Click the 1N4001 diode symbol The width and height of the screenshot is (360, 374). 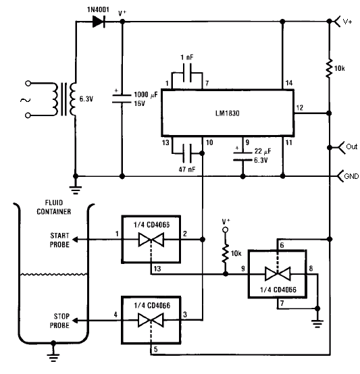coord(99,22)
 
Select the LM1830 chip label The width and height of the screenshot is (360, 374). coord(228,113)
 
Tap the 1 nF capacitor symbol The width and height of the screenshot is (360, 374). coord(187,73)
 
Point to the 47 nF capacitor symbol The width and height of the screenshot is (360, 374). coord(187,153)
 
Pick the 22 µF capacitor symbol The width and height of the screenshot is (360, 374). coord(242,156)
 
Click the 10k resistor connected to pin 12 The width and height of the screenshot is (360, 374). coord(329,68)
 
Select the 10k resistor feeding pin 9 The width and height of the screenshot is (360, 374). coord(225,253)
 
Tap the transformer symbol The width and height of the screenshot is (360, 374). coord(64,99)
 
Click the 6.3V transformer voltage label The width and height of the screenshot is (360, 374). coord(86,99)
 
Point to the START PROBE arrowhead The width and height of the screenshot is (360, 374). coord(75,240)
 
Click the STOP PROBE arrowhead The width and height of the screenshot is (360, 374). coord(75,321)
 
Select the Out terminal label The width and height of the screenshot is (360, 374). coord(352,146)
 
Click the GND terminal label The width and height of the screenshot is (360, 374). coord(351,176)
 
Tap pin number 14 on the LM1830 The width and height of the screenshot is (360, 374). coord(289,83)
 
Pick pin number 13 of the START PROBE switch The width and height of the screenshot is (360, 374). coord(157,269)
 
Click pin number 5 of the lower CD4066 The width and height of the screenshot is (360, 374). coord(156,350)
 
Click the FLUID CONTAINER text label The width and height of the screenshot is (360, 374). coord(53,207)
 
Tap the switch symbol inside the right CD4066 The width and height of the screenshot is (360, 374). coord(278,274)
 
